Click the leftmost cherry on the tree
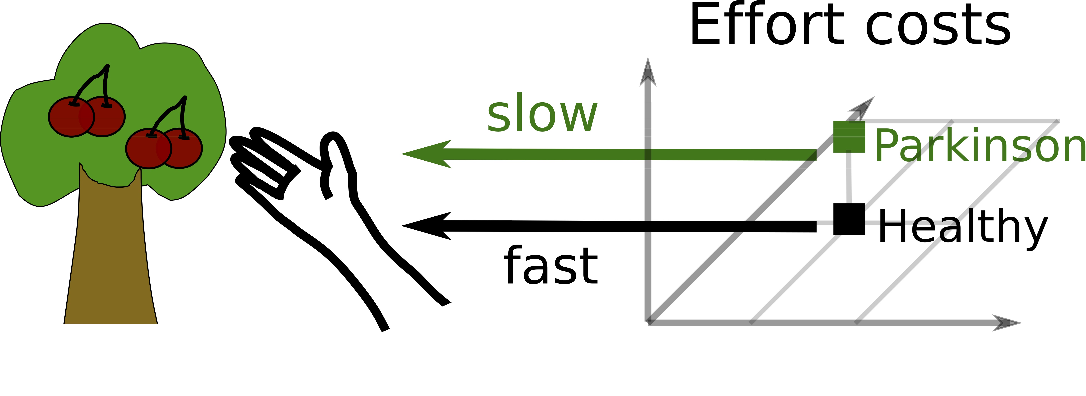coord(70,117)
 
